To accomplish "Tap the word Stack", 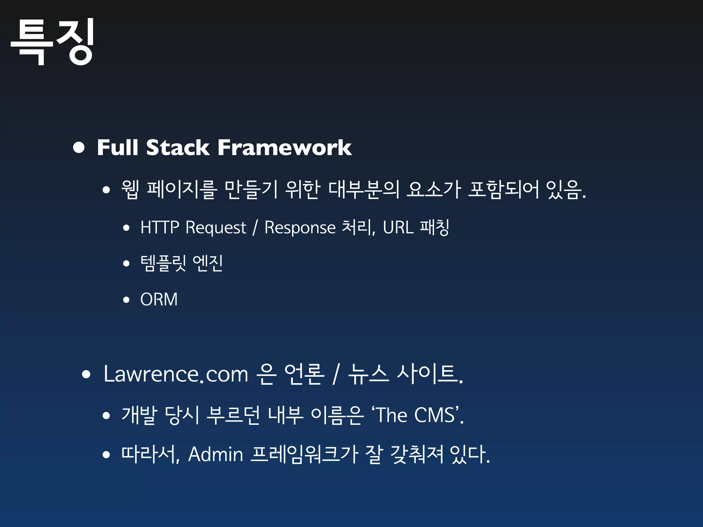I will (177, 148).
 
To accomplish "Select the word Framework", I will (285, 148).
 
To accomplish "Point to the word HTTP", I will (160, 227).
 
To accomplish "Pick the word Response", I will (300, 228).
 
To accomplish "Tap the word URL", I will (398, 227).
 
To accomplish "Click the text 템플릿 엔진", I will (182, 263).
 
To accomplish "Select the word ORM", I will (159, 299).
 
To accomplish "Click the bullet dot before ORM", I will (126, 300).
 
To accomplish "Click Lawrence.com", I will (175, 374).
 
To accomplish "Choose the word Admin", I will (216, 454).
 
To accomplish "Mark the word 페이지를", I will (182, 189).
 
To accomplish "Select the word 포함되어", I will (503, 189).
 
